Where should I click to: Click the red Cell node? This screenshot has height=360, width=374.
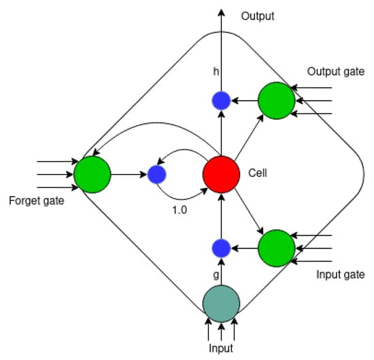point(221,174)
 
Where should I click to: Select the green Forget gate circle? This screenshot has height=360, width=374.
point(92,174)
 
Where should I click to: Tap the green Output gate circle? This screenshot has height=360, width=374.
point(276,101)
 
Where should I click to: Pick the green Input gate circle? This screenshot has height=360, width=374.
point(276,248)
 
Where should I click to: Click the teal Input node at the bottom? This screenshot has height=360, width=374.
point(221,301)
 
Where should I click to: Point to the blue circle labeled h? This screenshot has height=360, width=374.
point(221,101)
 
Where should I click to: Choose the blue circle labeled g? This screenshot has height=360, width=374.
point(221,248)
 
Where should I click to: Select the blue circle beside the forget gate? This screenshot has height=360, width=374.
point(157,174)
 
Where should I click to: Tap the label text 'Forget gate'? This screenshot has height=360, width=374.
point(37,201)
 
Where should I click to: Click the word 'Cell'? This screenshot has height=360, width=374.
point(258,174)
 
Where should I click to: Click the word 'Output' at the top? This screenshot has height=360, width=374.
point(258,16)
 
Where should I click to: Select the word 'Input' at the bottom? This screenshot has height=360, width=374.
point(221,348)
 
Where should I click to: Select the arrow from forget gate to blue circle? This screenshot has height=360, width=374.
point(129,174)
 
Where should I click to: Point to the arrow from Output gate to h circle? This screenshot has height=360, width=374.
point(244,101)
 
